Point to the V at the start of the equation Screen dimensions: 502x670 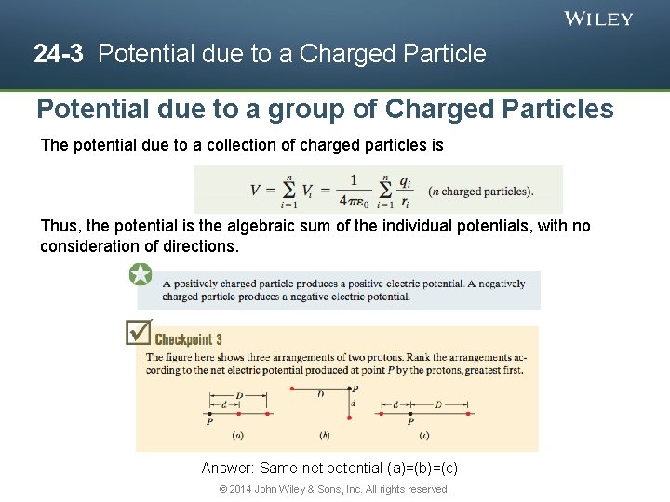coord(256,191)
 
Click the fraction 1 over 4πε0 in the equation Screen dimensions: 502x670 coord(354,190)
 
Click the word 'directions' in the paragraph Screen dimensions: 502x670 coord(199,246)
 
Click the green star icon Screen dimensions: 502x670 coord(141,274)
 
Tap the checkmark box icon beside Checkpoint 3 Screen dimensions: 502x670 coord(139,331)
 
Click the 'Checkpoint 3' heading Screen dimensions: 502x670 coord(188,339)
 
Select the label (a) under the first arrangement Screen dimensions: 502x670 coord(237,434)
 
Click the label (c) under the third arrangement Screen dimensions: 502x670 coord(424,434)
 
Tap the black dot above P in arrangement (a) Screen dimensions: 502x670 coord(208,412)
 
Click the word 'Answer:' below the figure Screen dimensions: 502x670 coord(228,469)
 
